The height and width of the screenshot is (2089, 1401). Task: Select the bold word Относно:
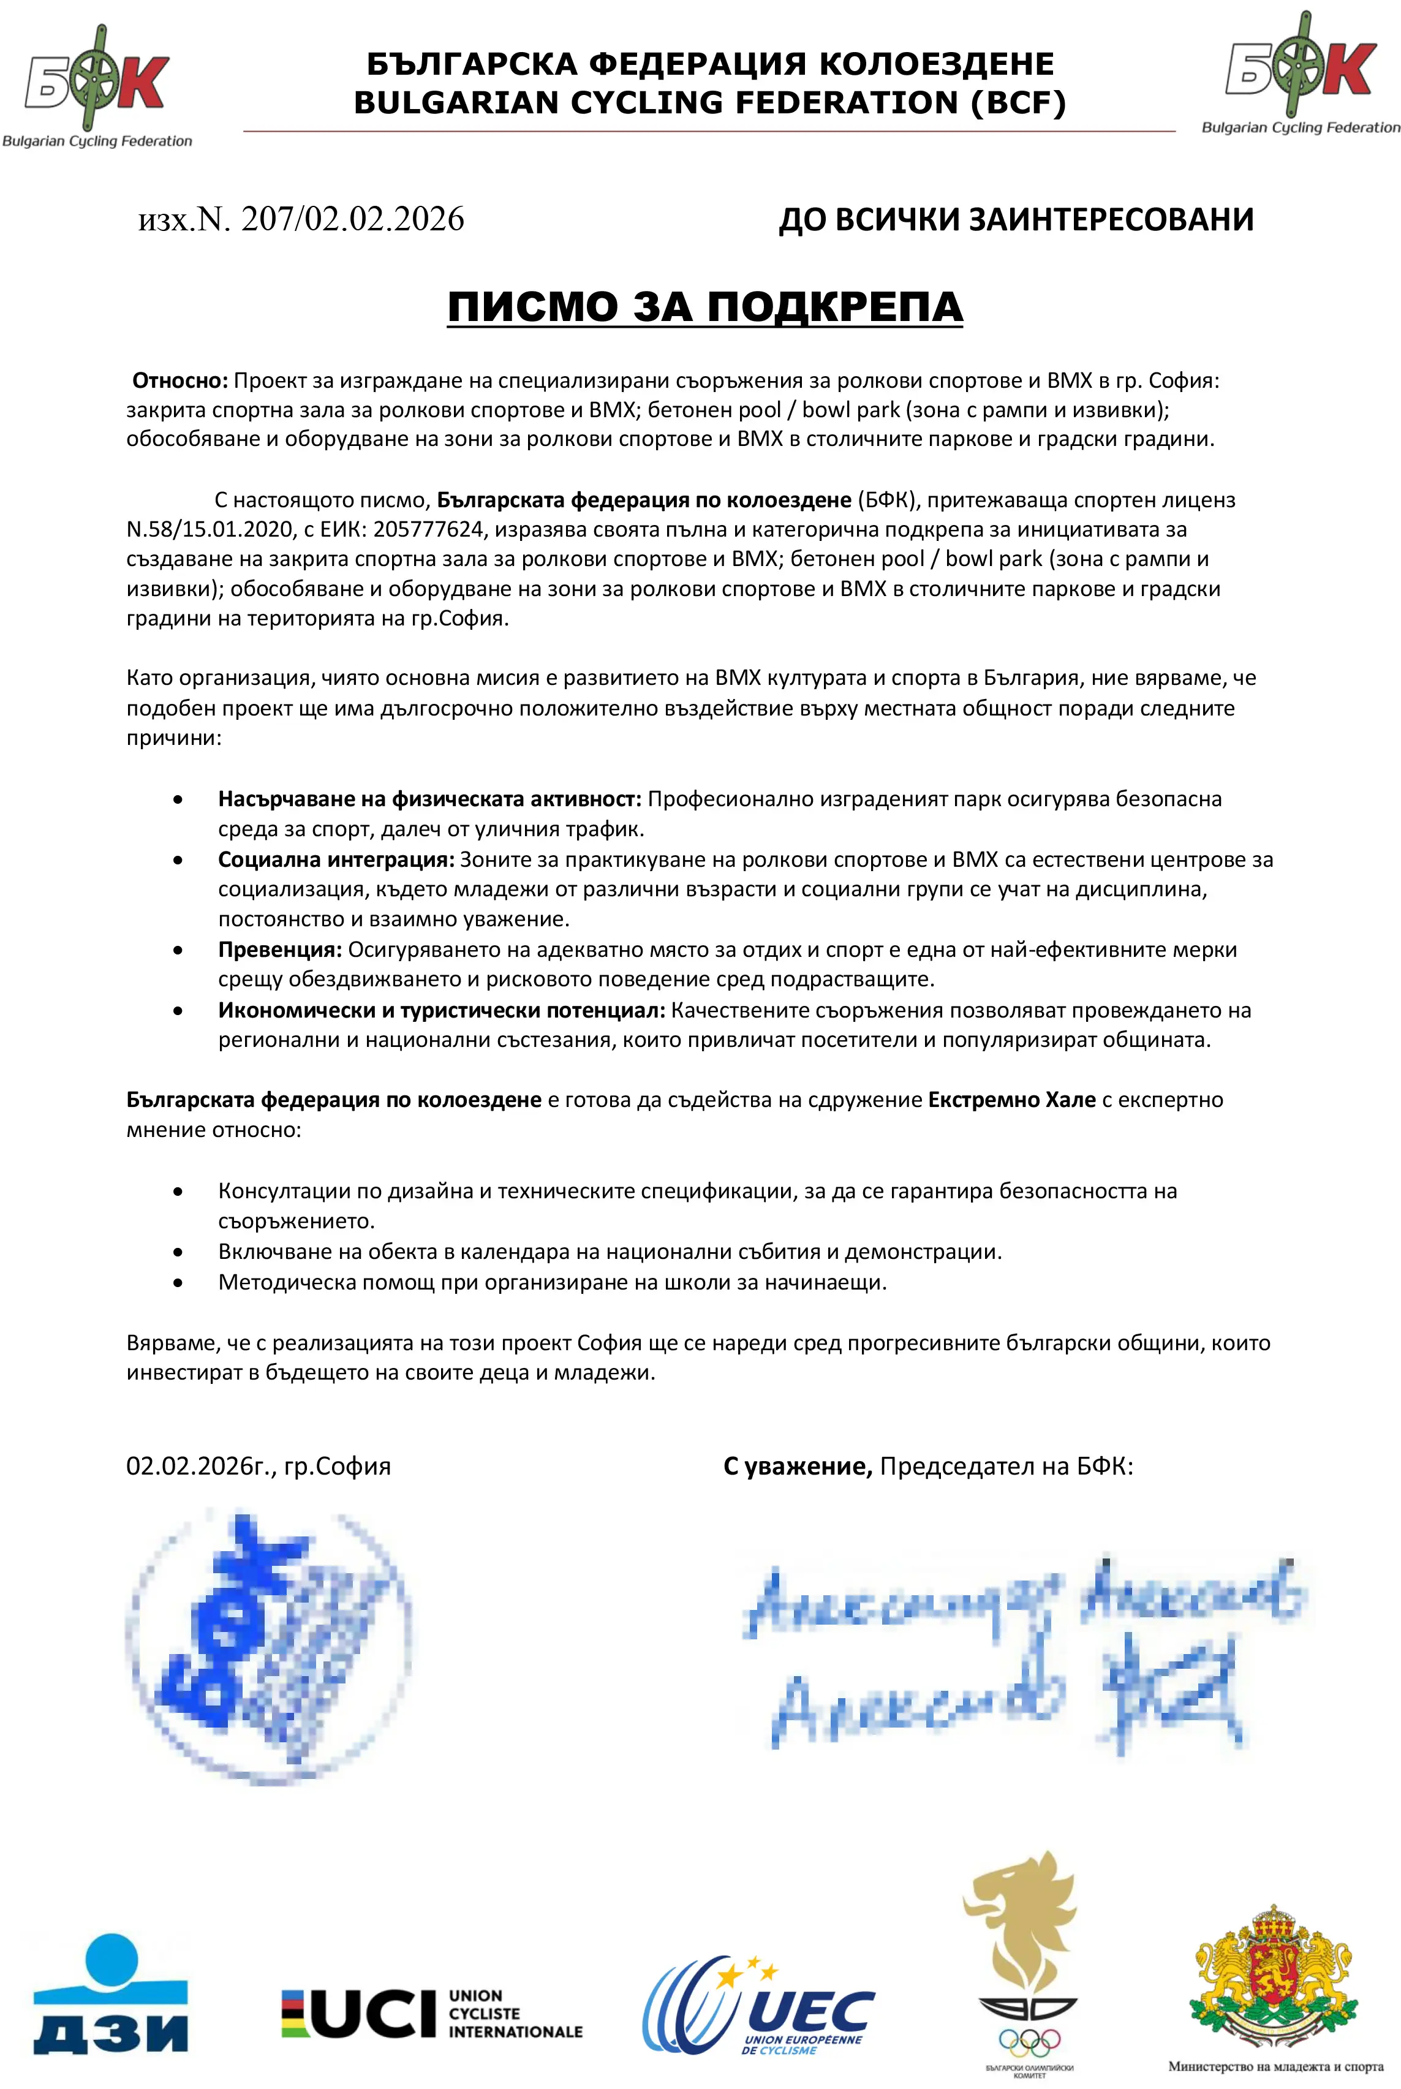(x=181, y=380)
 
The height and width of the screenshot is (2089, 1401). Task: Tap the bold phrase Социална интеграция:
(x=336, y=859)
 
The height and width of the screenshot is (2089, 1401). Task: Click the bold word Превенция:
(x=280, y=950)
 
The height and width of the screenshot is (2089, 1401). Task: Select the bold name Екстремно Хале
(x=1011, y=1100)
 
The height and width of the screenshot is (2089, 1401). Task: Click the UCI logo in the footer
(x=431, y=2013)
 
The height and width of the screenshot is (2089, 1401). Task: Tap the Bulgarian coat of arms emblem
(x=1275, y=1979)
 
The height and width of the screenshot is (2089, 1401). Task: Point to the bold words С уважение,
(x=797, y=1466)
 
